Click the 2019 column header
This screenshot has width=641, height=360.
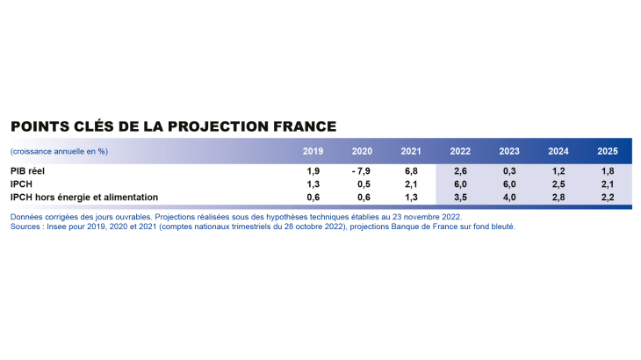coord(313,152)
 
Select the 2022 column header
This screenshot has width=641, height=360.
coord(459,152)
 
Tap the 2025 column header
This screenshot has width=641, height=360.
coord(606,152)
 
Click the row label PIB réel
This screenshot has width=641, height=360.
coord(28,172)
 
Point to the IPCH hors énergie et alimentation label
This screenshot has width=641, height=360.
coord(83,198)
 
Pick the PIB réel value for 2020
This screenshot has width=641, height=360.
coord(360,172)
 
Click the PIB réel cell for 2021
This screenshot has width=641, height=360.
coord(410,172)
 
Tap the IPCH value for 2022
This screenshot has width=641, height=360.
coord(459,185)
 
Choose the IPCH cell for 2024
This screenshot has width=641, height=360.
coord(557,185)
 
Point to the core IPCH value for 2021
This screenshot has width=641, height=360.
coord(410,198)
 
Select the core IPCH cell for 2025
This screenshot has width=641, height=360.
coord(606,198)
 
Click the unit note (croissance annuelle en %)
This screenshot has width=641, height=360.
coord(59,152)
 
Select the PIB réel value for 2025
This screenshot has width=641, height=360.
coord(606,172)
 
